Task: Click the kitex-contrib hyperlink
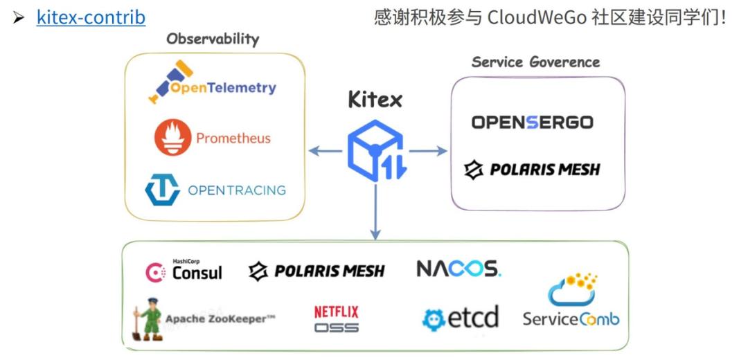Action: point(91,17)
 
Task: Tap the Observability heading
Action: point(213,39)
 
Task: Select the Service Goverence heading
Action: point(535,62)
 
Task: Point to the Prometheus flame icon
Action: point(172,136)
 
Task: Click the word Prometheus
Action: point(233,138)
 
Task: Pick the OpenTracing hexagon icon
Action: point(162,190)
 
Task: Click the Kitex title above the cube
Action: point(375,100)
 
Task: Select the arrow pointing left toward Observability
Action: point(325,151)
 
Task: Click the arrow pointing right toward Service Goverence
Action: point(429,151)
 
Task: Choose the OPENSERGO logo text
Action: point(532,123)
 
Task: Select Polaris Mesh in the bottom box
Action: point(317,271)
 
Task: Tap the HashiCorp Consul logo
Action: point(184,271)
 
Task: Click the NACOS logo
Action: point(458,269)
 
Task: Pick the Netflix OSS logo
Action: point(337,319)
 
